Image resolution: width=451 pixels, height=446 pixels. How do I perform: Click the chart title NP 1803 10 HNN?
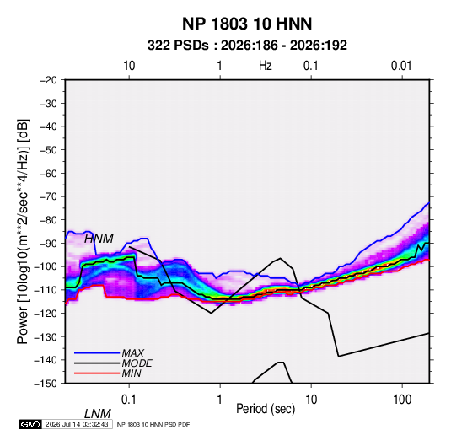click(247, 24)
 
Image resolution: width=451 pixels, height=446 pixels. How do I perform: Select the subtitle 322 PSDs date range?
click(247, 46)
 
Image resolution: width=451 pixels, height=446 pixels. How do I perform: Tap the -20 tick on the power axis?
click(48, 80)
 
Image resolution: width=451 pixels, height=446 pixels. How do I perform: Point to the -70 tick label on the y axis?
click(48, 196)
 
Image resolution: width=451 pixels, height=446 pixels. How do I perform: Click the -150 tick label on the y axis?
click(46, 384)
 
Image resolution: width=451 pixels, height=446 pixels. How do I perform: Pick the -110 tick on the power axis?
click(46, 290)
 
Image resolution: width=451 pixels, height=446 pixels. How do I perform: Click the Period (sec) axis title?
click(266, 409)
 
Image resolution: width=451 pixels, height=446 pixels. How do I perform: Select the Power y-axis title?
click(23, 232)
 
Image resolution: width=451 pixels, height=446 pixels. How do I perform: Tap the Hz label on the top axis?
click(265, 66)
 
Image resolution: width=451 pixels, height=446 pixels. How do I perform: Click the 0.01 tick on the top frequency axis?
click(401, 66)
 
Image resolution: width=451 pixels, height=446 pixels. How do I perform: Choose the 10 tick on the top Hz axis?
click(129, 66)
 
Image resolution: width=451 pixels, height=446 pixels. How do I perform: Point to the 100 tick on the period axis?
click(402, 400)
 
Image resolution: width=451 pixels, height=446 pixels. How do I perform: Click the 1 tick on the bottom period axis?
click(220, 400)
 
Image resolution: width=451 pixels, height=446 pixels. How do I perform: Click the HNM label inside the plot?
click(99, 239)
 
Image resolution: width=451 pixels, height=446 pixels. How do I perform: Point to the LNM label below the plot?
click(98, 414)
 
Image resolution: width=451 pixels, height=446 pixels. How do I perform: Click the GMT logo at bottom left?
click(30, 424)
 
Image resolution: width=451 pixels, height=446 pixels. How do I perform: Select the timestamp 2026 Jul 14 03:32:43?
click(77, 424)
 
